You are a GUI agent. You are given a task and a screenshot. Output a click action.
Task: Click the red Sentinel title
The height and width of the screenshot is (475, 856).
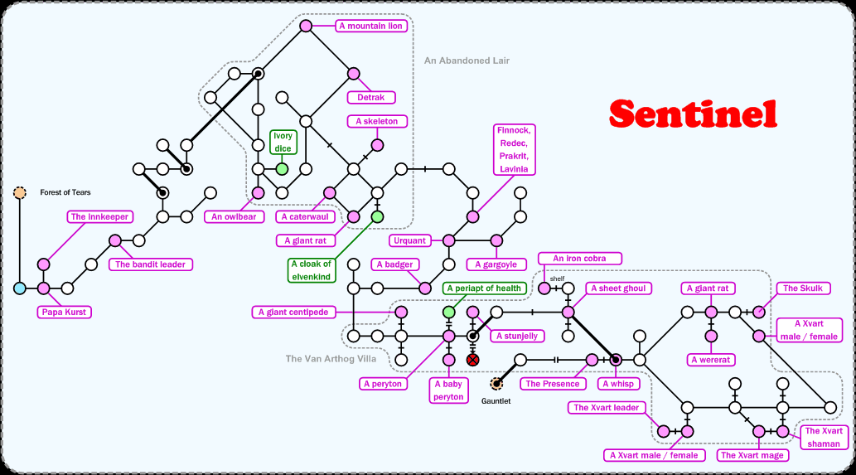(693, 114)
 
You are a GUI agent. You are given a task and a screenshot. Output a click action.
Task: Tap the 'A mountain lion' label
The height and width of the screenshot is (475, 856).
(370, 27)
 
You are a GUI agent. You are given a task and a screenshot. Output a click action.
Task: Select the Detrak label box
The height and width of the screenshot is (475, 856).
(370, 98)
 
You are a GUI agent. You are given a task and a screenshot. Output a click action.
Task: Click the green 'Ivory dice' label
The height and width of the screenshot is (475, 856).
(283, 142)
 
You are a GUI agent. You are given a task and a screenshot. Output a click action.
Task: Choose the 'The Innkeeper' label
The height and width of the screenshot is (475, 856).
(99, 217)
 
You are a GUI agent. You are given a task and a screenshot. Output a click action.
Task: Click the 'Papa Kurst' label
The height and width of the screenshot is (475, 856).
(65, 313)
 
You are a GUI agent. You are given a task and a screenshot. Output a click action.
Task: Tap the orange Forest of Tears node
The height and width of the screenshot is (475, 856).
(19, 193)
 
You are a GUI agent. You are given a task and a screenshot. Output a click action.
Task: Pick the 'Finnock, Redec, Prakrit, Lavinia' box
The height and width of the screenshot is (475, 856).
(515, 150)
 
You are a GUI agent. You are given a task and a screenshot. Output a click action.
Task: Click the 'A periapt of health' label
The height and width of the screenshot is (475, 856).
(485, 288)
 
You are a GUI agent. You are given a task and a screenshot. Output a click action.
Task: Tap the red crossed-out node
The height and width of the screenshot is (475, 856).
(472, 360)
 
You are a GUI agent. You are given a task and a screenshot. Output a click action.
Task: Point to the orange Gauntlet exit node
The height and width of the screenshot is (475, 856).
(496, 384)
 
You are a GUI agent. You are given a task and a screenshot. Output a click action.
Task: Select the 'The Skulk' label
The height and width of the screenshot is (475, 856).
(801, 288)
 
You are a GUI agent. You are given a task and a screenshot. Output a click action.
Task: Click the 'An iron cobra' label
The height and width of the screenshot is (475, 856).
(579, 259)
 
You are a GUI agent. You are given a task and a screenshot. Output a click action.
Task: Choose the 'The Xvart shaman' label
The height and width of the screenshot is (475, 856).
(824, 437)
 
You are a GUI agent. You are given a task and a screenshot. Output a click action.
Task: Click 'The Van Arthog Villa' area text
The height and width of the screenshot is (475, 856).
(331, 359)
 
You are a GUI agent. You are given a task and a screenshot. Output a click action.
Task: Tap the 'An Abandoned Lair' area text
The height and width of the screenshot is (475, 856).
(467, 61)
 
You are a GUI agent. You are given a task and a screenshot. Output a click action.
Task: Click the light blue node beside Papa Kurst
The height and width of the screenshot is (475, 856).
(19, 288)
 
